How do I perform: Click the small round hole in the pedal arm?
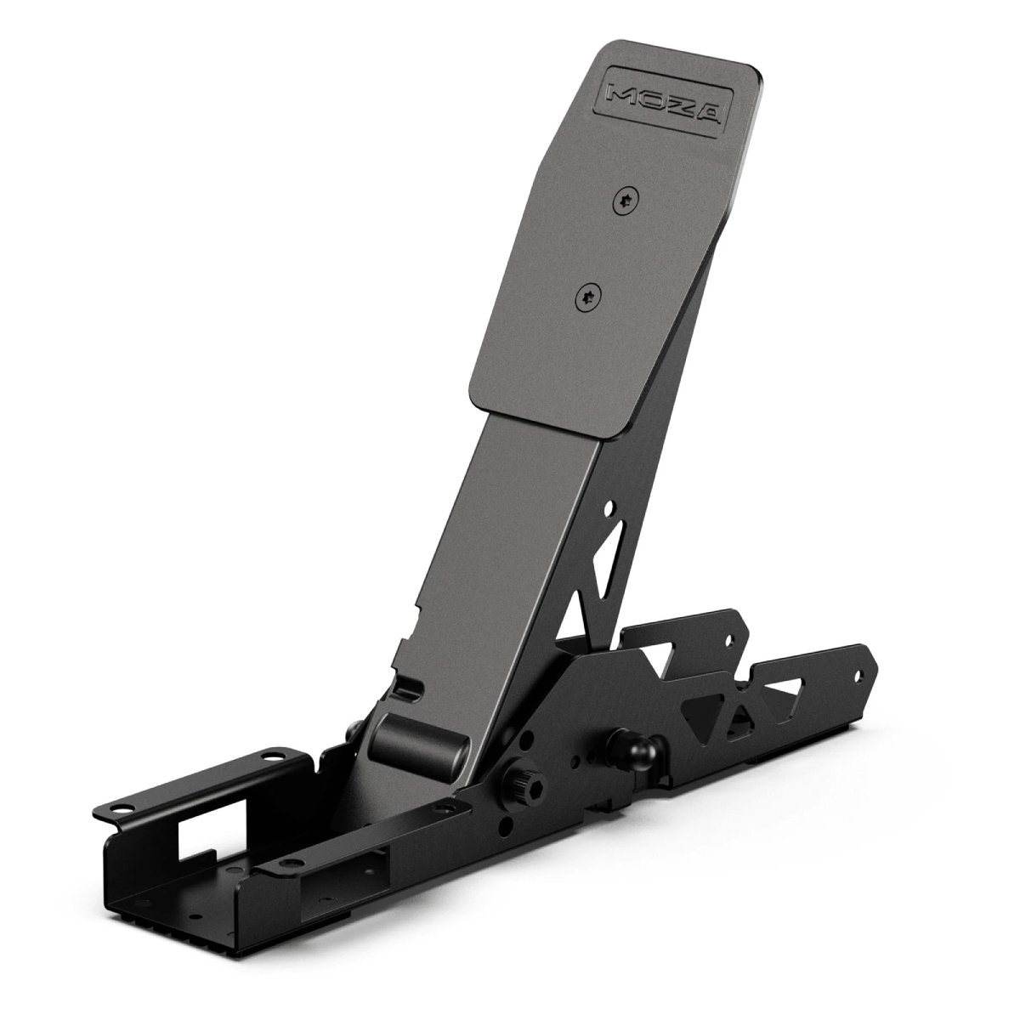pos(609,508)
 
